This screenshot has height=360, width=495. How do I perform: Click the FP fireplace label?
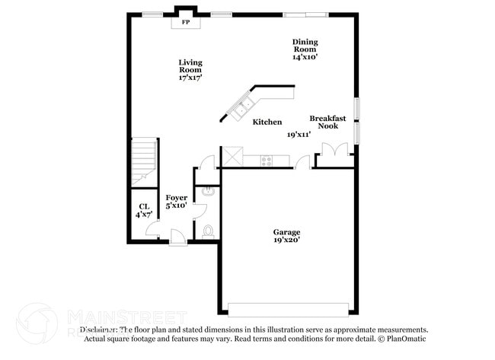pos(185,23)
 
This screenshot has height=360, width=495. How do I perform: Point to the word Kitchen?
pos(267,122)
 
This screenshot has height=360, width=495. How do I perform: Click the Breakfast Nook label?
pos(327,122)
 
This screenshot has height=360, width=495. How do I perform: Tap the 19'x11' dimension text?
pos(299,135)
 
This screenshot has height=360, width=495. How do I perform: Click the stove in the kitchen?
pos(267,160)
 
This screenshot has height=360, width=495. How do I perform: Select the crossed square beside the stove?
pos(232,158)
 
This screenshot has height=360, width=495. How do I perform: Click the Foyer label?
pos(177,198)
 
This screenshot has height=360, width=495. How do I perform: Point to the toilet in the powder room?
pos(208,230)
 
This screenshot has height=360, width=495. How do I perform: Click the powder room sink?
pos(208,193)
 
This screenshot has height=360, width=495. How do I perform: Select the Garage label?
pos(287,232)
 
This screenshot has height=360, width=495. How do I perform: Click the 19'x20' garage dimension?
pos(287,241)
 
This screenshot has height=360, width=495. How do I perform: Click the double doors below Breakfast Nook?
pos(334,155)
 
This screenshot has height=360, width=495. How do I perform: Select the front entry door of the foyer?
pos(177,237)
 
